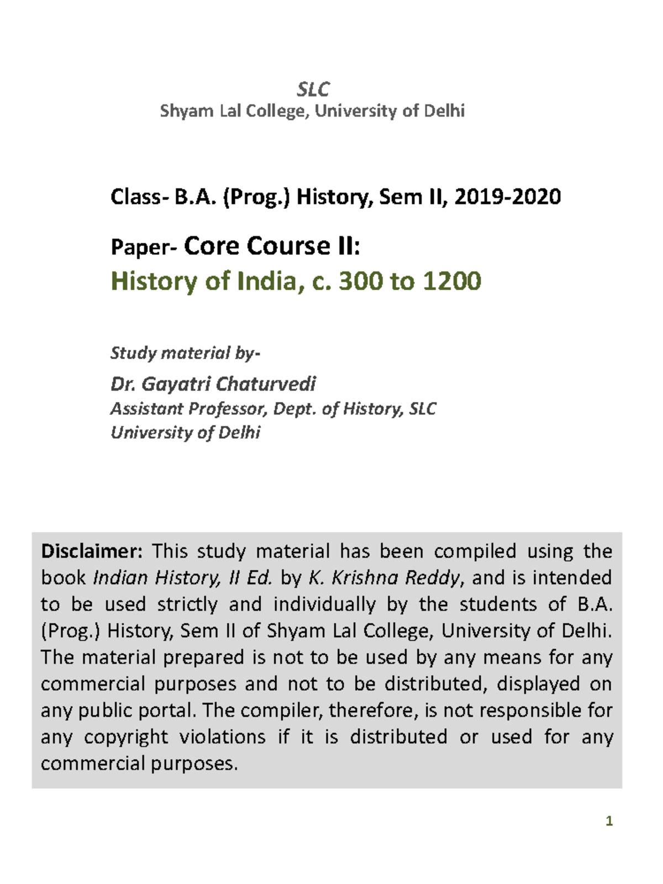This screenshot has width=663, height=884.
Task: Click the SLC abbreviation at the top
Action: (x=313, y=89)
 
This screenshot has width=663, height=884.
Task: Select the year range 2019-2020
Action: (x=507, y=197)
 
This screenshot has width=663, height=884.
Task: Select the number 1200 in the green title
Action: (x=452, y=281)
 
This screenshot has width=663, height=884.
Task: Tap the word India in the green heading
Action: (x=266, y=281)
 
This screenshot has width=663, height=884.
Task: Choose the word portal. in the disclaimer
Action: (x=167, y=711)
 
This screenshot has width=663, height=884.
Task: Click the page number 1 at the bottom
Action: (x=609, y=822)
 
